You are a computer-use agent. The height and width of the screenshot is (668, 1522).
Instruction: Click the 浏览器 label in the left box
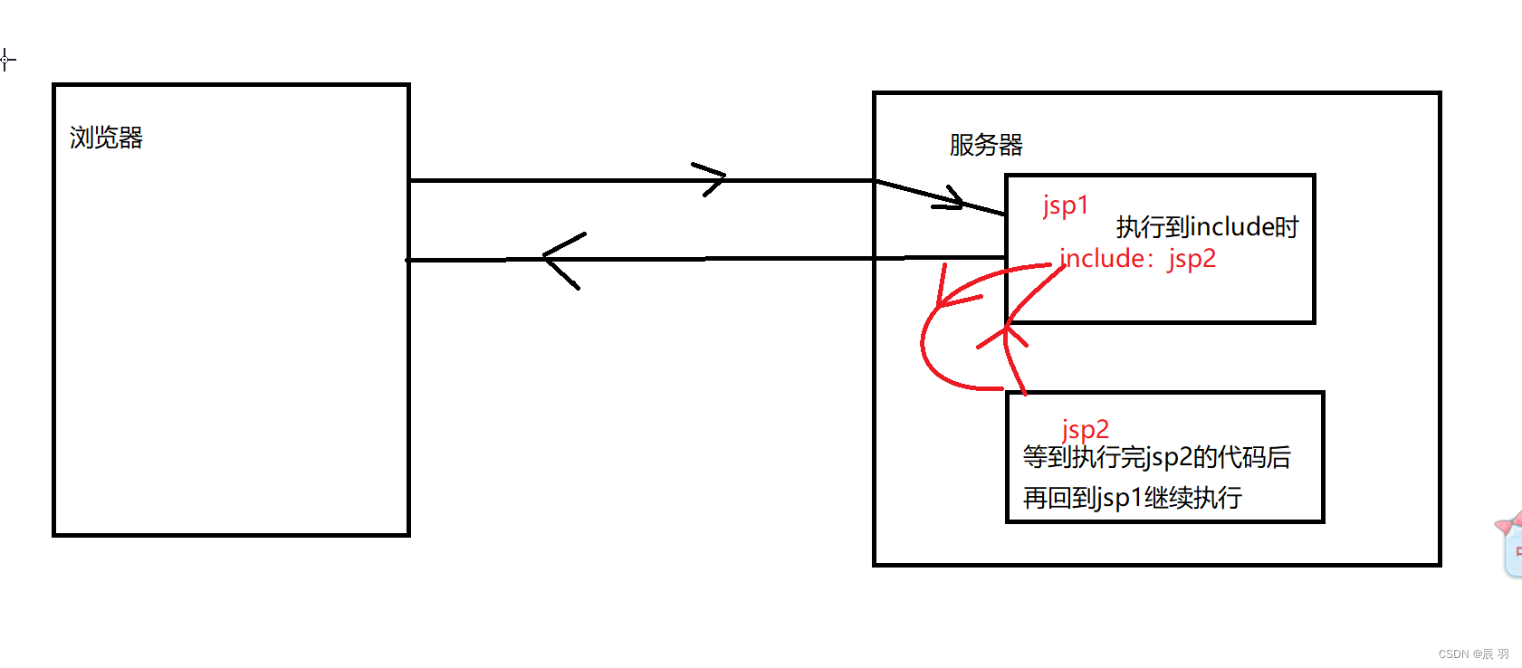[106, 138]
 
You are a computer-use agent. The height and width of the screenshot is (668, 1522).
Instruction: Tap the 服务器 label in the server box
[986, 145]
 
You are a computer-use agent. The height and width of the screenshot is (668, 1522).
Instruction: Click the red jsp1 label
[1065, 206]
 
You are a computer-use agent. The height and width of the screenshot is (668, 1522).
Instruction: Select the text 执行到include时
[1207, 226]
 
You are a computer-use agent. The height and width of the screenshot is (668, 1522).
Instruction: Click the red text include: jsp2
[1137, 259]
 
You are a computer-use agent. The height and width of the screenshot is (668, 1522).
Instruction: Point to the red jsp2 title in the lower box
[1085, 429]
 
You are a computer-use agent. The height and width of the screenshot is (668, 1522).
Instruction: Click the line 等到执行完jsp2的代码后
[1156, 457]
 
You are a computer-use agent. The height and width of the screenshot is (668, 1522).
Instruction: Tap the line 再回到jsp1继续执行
[1132, 498]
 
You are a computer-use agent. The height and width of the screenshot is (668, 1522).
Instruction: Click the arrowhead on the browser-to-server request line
[711, 179]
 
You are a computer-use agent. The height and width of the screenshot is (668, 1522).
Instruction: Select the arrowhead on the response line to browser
[561, 259]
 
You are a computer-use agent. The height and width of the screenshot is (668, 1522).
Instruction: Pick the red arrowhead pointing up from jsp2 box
[1005, 336]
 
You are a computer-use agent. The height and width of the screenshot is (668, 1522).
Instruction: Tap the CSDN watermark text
[1473, 654]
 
